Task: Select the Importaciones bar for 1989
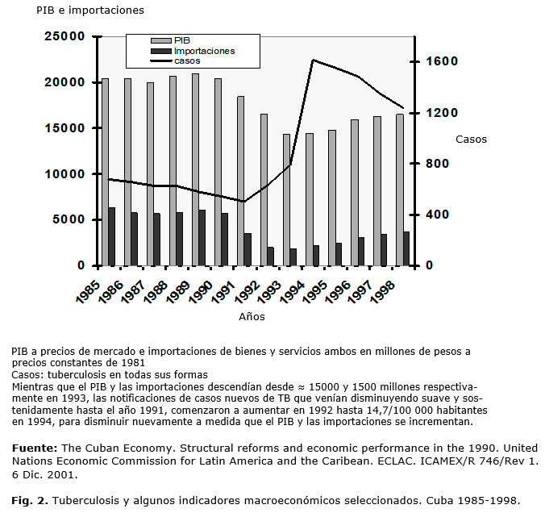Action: (202, 238)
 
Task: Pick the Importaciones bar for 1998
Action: (406, 248)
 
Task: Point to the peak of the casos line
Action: (313, 60)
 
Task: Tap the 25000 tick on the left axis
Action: (65, 36)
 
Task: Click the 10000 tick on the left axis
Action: (65, 173)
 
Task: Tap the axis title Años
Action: (252, 317)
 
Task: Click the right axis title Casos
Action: (471, 140)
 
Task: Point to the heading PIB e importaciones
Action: (79, 10)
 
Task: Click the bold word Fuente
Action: (33, 447)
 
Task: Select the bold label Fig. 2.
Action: (28, 499)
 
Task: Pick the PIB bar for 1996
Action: (354, 193)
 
